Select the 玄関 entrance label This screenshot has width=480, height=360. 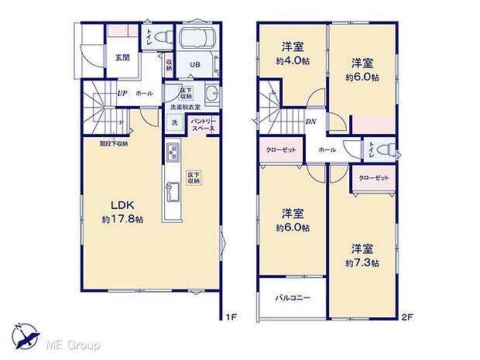pos(123,57)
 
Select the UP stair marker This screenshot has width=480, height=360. pos(122,94)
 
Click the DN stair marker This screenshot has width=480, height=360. pos(310,121)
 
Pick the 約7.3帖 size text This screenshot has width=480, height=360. pos(363,263)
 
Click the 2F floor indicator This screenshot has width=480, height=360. pos(406,317)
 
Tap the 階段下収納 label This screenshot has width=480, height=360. pos(114,143)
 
